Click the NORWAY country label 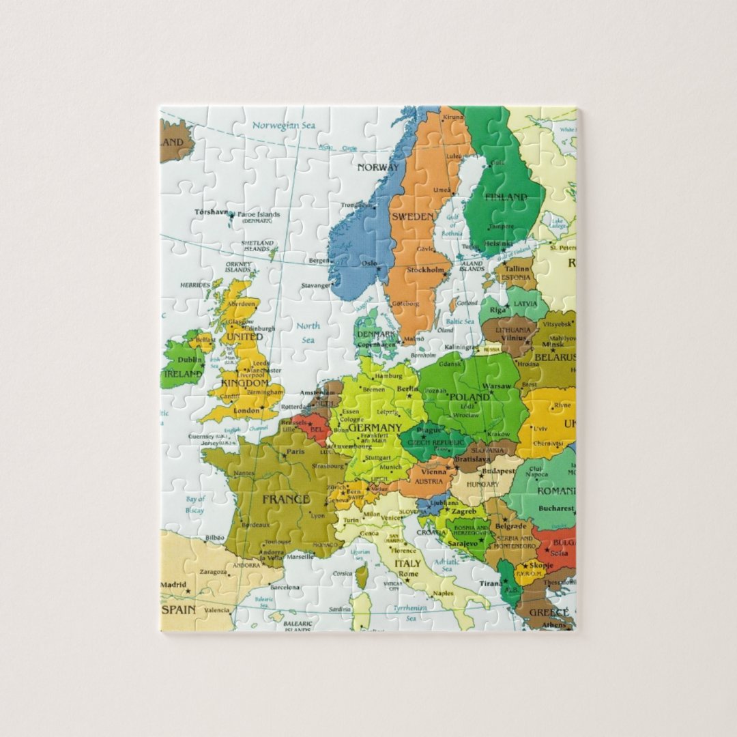(378, 168)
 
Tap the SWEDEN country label (412, 216)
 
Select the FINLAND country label (506, 197)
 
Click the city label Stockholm (425, 270)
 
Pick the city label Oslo (369, 263)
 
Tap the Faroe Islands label (259, 214)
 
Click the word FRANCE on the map (286, 500)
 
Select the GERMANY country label (375, 428)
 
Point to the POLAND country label (469, 396)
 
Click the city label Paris (295, 452)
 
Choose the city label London (246, 411)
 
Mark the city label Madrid (173, 585)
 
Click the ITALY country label (407, 564)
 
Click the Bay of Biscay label (195, 504)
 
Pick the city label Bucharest (555, 508)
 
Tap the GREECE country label (549, 612)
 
